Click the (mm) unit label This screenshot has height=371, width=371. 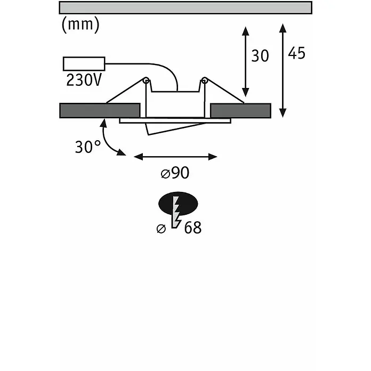tap(80, 25)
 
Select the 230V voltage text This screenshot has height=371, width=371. tap(84, 80)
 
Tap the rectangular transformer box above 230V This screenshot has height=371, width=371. tap(84, 63)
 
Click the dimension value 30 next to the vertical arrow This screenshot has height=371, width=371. tap(260, 56)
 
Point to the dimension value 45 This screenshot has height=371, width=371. tap(296, 53)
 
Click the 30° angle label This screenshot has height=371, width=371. tap(88, 147)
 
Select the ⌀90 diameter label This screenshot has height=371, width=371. tap(175, 173)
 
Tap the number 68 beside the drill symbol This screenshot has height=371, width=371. tap(193, 228)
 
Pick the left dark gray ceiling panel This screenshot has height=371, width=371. tap(100, 110)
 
